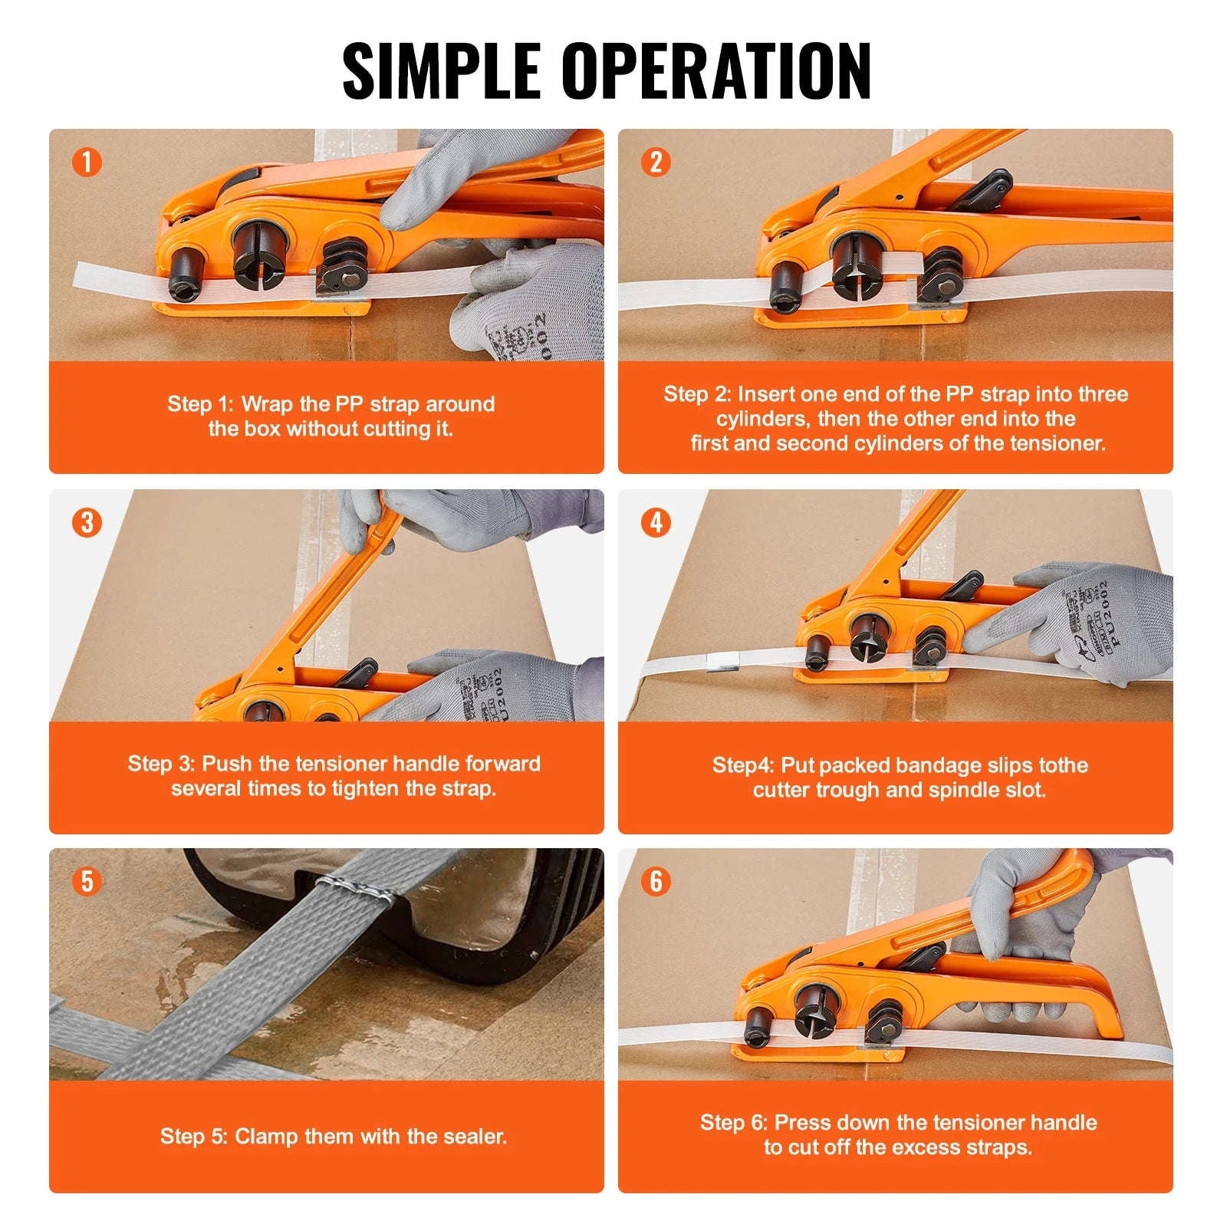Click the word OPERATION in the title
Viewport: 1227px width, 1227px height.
click(x=716, y=71)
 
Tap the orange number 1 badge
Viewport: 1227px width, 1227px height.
click(x=87, y=163)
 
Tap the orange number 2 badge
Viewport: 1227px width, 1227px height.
click(x=656, y=163)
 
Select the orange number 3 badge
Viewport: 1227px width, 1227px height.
click(x=87, y=523)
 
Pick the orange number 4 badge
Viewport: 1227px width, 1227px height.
click(x=656, y=523)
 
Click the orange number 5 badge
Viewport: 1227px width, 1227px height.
click(x=87, y=881)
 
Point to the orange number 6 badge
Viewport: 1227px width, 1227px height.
click(x=656, y=881)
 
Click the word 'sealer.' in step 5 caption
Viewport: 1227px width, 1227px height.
click(x=476, y=1136)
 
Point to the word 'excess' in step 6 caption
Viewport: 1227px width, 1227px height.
click(x=928, y=1147)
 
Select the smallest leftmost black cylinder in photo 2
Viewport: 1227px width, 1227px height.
click(x=787, y=285)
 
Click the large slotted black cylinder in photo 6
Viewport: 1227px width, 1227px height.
click(x=820, y=1007)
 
